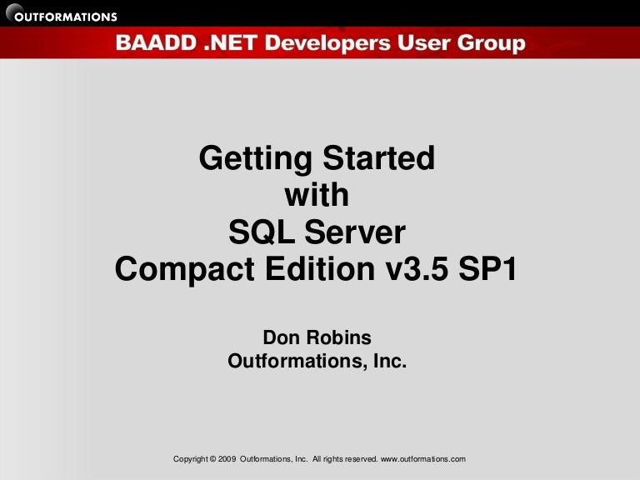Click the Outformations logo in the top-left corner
tap(60, 15)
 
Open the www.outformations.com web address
tap(422, 459)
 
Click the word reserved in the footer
tap(359, 459)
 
